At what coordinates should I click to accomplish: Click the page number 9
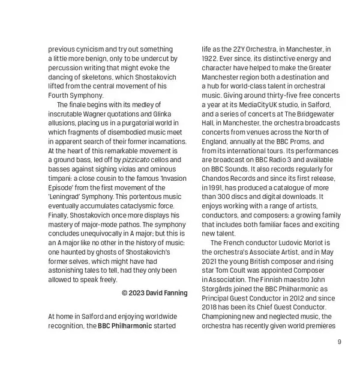[339, 342]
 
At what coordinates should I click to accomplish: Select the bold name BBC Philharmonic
[124, 326]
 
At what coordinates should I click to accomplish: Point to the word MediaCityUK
[272, 104]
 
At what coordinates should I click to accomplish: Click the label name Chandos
[218, 178]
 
